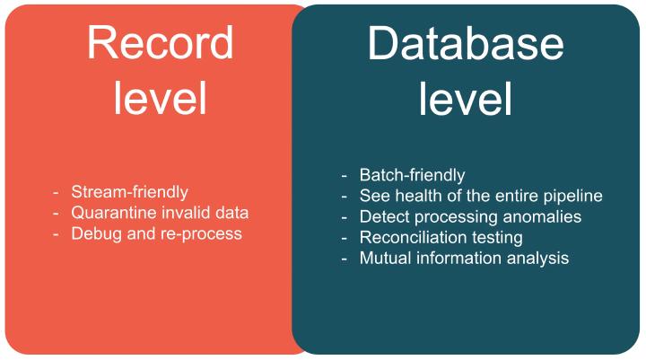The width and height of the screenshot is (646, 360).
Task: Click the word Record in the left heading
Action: coord(161,43)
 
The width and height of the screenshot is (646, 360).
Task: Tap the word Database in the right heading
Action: coord(466,43)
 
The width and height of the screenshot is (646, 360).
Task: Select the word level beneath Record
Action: coord(160,98)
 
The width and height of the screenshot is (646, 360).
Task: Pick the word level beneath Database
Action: coord(465,98)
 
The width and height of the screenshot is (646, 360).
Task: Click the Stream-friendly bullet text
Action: coord(130,192)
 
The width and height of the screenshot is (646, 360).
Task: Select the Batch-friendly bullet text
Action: coord(413,175)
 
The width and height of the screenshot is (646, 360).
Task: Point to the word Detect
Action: coord(384,216)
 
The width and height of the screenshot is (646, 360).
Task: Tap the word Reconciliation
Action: coord(414,237)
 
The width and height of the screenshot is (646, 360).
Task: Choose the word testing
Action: coord(497,238)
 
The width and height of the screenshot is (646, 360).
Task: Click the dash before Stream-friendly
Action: coord(56,193)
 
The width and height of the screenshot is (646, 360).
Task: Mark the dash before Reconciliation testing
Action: coord(344,238)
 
